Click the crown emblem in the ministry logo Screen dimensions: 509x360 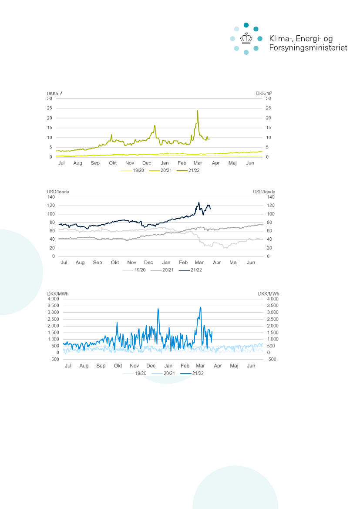246,39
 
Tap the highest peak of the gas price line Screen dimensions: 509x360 198,111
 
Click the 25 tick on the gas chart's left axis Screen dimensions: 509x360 50,108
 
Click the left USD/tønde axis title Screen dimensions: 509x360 58,192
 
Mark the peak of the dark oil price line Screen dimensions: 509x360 199,202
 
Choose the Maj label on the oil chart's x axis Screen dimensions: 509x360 233,263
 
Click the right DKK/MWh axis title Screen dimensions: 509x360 269,293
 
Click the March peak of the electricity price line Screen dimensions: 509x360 200,307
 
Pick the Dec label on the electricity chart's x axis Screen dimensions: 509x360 151,366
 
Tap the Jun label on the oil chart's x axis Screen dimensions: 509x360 251,263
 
